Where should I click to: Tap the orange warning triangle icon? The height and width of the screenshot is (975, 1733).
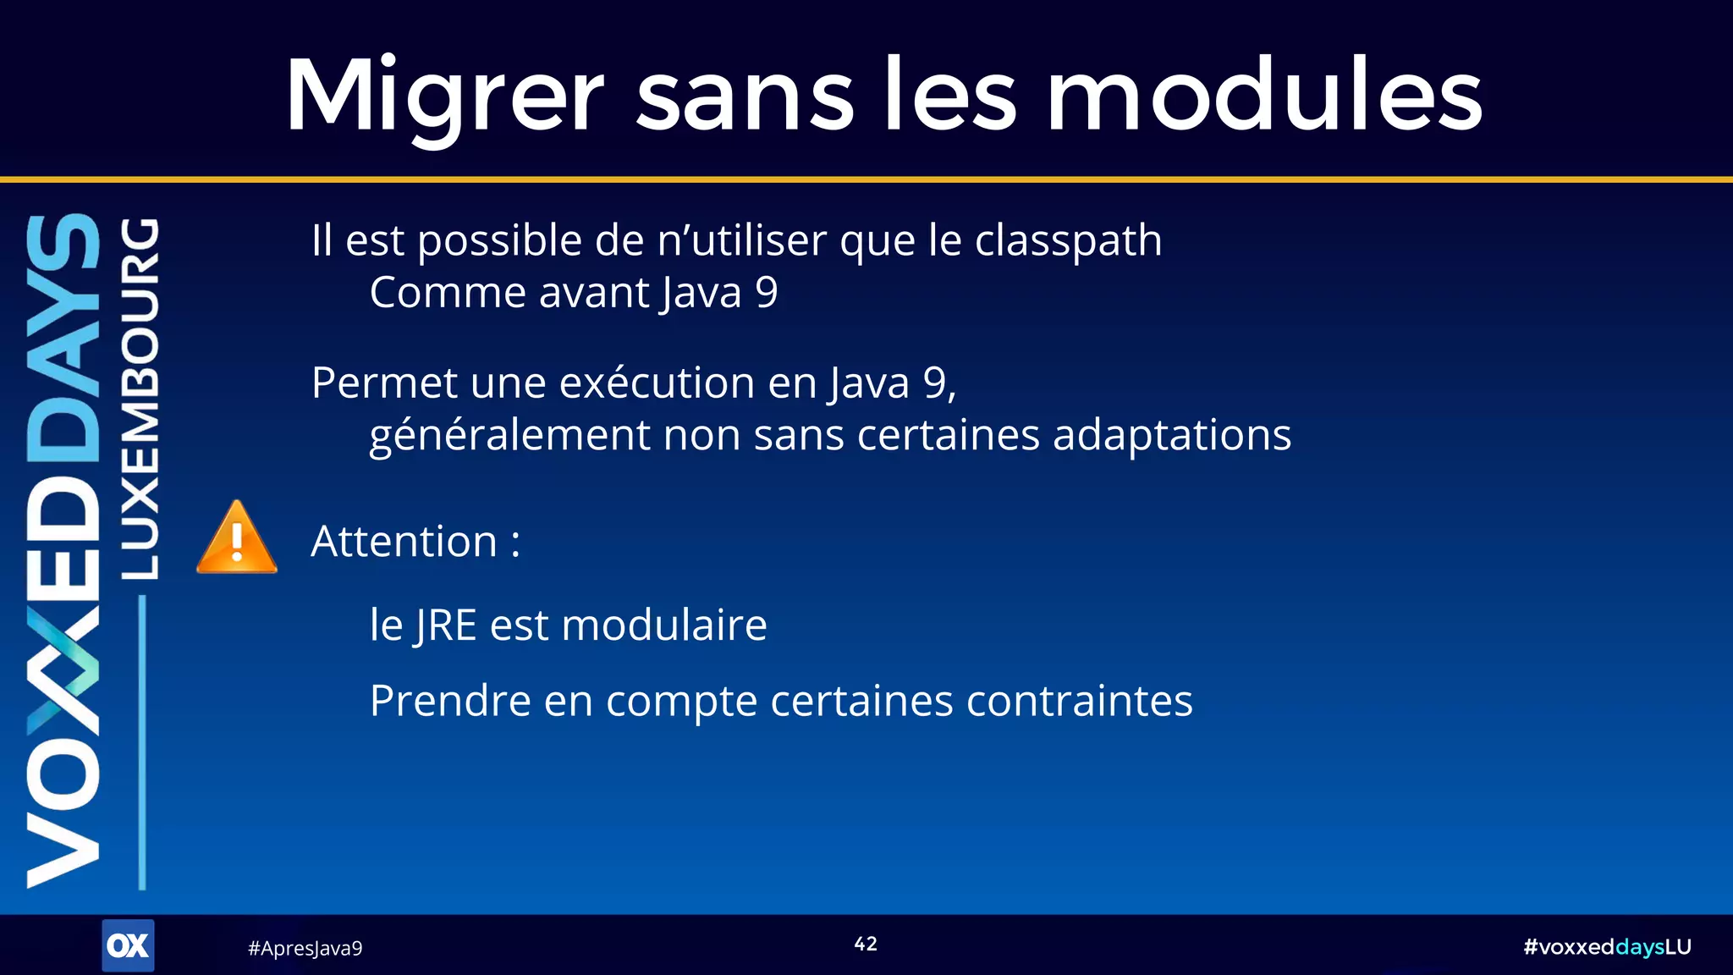[x=237, y=539]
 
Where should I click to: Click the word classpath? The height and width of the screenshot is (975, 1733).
[x=1068, y=241]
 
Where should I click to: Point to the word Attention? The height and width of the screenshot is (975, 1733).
[x=404, y=542]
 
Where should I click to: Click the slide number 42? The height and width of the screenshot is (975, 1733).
[x=866, y=944]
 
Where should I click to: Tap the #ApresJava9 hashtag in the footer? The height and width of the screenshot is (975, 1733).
[x=305, y=948]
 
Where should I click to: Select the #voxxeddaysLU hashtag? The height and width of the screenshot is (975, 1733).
[x=1606, y=946]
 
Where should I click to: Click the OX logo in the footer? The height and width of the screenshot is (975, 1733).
[x=128, y=945]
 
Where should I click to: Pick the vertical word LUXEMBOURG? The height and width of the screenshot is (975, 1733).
[x=139, y=398]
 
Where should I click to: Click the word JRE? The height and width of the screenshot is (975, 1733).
[x=446, y=626]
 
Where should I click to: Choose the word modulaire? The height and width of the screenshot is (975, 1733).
[x=664, y=625]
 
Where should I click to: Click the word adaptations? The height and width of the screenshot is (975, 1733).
[x=1172, y=435]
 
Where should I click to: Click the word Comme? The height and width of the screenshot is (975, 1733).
[x=448, y=293]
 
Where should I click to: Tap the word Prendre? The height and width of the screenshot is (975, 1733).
[x=450, y=701]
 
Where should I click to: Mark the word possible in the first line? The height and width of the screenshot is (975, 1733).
[x=499, y=241]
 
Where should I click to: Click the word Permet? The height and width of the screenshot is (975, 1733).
[x=384, y=383]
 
